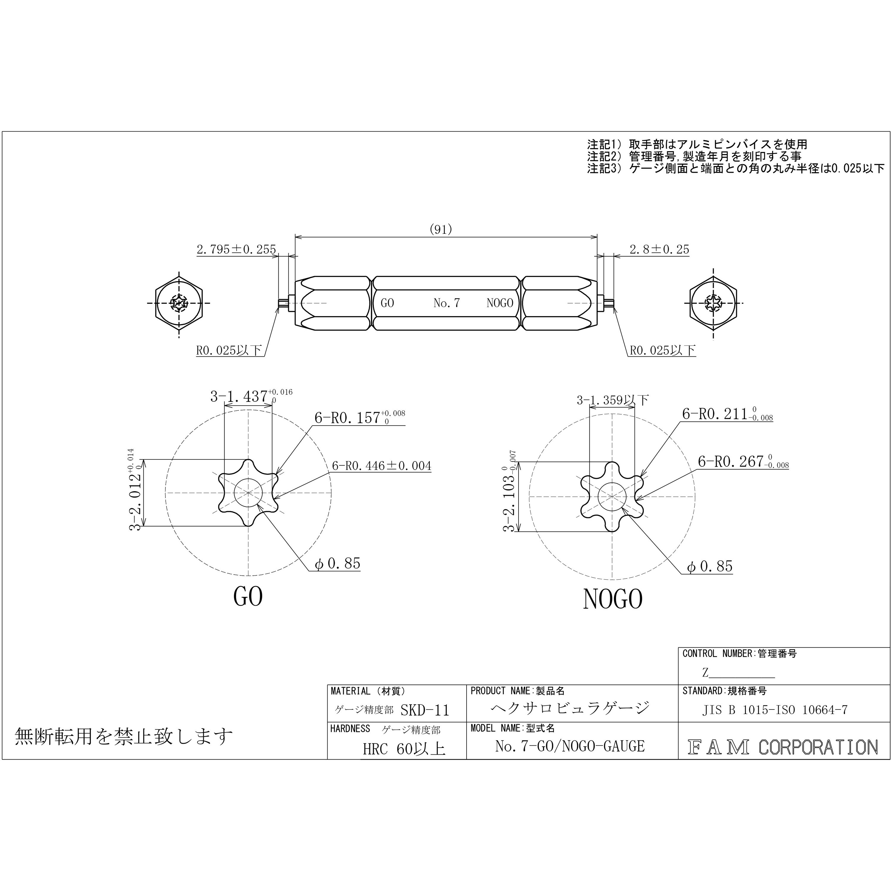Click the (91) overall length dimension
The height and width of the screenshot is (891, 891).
(440, 229)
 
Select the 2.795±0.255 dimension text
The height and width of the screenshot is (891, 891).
(236, 249)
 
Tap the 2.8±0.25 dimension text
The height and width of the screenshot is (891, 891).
(659, 249)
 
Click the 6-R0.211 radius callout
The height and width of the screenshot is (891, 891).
(727, 414)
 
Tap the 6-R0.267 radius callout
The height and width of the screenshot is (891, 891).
(743, 461)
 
